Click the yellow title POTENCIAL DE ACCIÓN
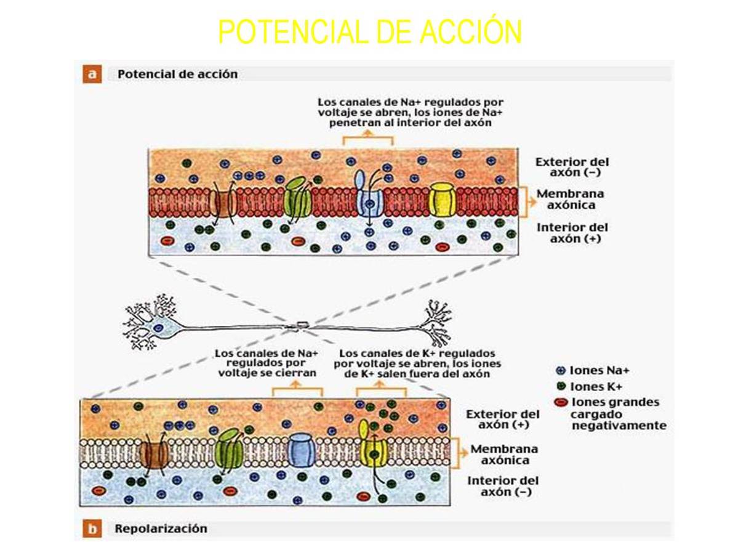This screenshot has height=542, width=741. [370, 32]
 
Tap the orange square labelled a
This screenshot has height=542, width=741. [92, 75]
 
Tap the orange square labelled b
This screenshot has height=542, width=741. [92, 528]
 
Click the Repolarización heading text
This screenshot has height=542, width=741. [161, 528]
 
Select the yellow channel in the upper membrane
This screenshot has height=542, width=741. [443, 200]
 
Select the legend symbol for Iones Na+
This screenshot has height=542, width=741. [560, 371]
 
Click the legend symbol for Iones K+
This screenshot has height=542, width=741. [560, 387]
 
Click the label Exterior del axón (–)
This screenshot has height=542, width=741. [572, 167]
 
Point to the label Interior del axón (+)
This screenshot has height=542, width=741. [572, 233]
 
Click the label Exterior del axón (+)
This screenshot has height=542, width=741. [502, 419]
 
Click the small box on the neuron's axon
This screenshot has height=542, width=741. [302, 324]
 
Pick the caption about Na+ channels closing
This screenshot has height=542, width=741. [266, 363]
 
